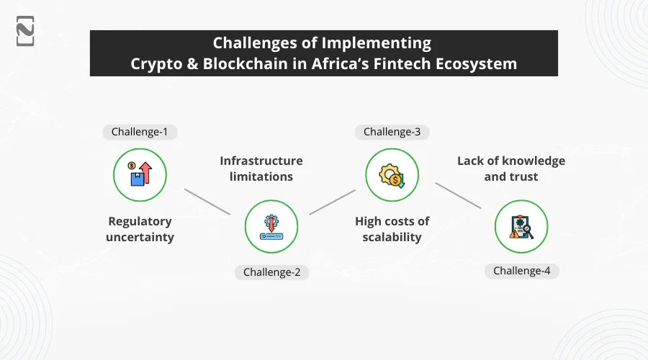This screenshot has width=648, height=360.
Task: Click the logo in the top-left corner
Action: coord(25,30)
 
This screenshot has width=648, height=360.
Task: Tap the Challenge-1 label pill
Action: coord(140,132)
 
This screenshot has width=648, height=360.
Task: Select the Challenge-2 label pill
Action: coord(271,271)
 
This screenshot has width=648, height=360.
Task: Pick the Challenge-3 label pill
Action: coord(392,132)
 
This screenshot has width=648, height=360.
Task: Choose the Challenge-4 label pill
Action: coord(521,271)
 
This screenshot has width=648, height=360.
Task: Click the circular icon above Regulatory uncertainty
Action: coord(140,174)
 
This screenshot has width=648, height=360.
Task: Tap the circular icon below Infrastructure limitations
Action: coord(271,225)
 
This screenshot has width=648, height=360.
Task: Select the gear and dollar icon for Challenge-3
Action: coord(392,174)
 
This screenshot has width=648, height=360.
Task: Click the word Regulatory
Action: coord(140,222)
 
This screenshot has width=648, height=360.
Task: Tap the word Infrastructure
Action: coord(261,161)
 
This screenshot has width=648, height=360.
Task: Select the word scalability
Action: coord(392,237)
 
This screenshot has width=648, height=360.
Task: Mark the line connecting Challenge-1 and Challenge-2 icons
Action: coord(207,202)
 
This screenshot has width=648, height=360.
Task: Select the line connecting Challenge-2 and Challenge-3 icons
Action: coord(333,202)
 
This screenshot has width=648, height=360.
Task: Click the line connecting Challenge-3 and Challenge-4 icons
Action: coord(458,196)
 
